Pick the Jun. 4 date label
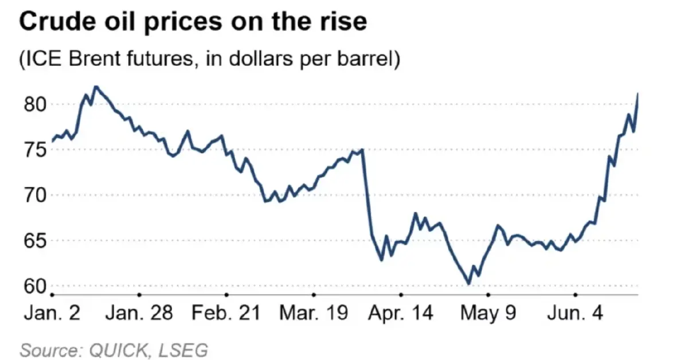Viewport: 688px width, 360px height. click(575, 314)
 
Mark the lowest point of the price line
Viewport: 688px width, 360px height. click(468, 283)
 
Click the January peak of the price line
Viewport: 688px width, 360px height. click(96, 87)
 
